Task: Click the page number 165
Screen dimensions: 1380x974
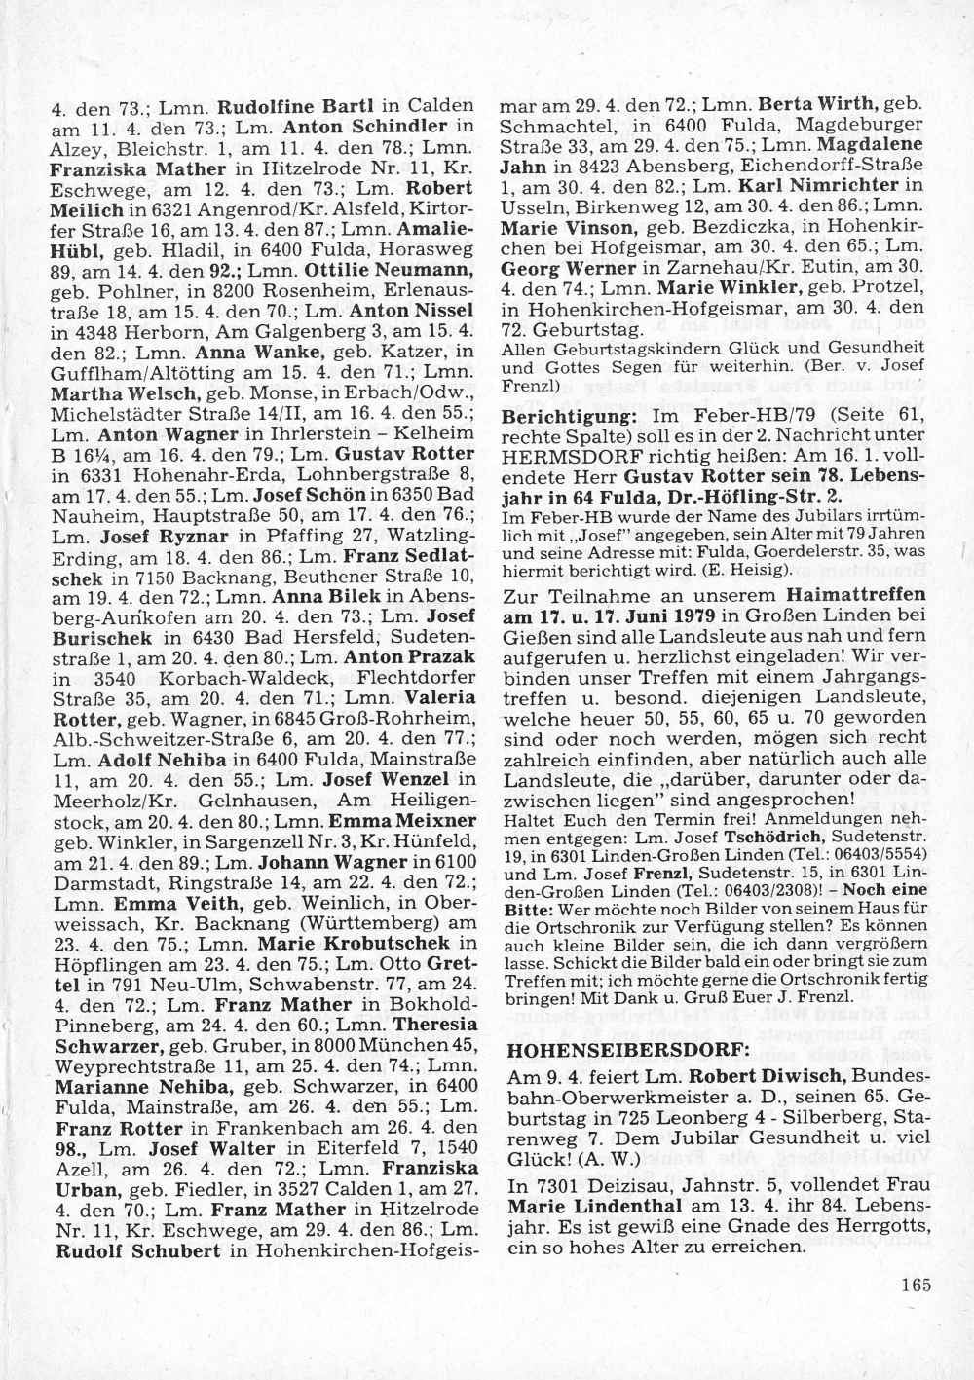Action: (917, 1284)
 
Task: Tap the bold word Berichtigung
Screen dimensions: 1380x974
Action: (555, 415)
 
